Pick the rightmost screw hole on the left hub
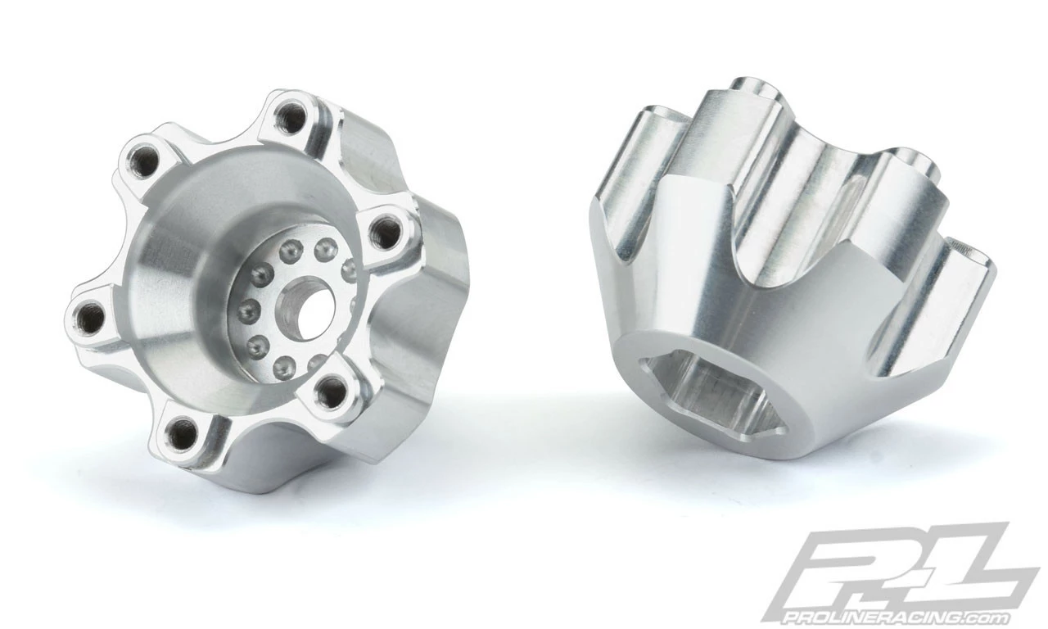(384, 234)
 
